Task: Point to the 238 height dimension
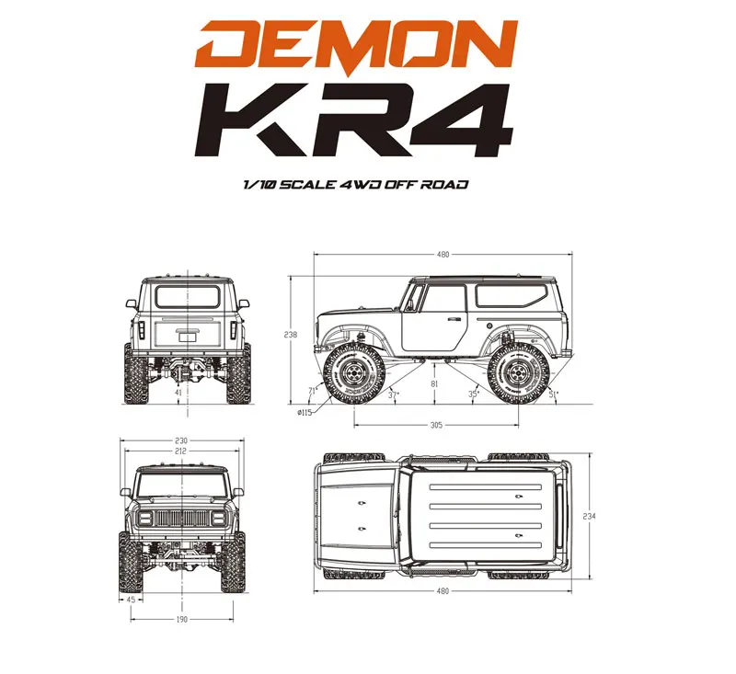(x=292, y=335)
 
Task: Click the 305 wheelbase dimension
(x=436, y=425)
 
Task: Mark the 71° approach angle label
(x=313, y=391)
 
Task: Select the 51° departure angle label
(x=553, y=394)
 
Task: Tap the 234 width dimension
(x=589, y=517)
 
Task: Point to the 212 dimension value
(x=181, y=451)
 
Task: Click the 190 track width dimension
(x=181, y=620)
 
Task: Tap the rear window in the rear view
(x=188, y=296)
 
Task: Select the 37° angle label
(x=394, y=394)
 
